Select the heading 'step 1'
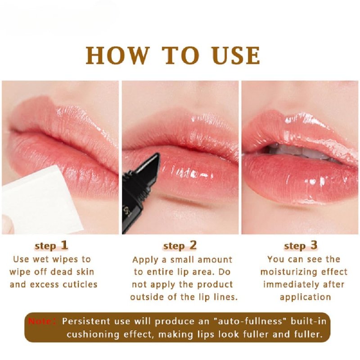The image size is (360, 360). pyautogui.click(x=51, y=246)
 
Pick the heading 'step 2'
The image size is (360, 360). pyautogui.click(x=180, y=246)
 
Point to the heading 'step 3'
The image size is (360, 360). pyautogui.click(x=301, y=246)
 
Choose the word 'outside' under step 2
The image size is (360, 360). pyautogui.click(x=148, y=297)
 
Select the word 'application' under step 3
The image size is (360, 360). pyautogui.click(x=306, y=297)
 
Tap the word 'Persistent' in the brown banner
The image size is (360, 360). pyautogui.click(x=85, y=321)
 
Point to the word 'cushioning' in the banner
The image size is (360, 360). pyautogui.click(x=93, y=334)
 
